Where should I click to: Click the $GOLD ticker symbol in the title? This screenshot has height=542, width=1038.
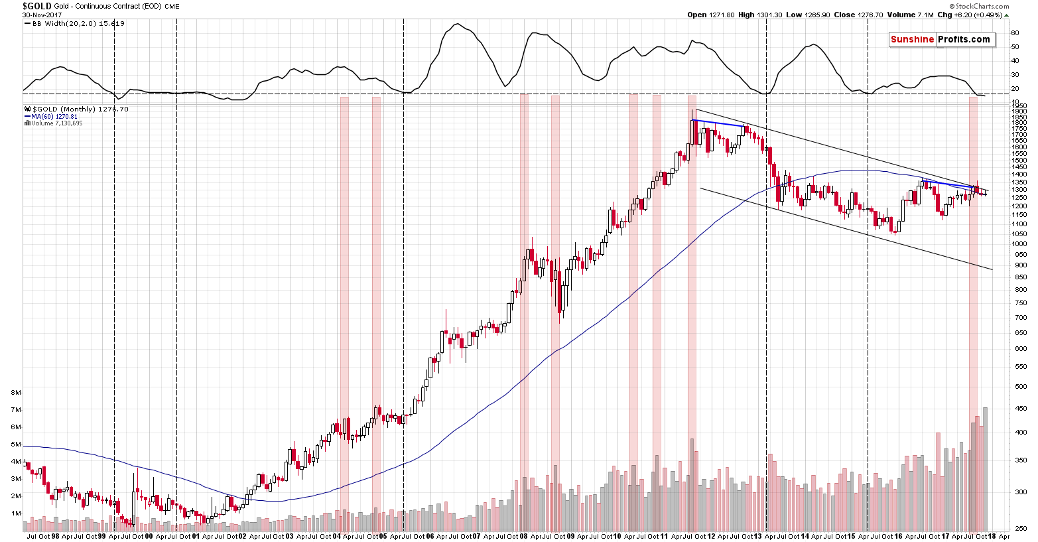click(x=37, y=6)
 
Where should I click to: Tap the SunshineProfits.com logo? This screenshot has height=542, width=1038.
click(x=940, y=39)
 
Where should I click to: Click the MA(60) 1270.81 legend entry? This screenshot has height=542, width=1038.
click(x=52, y=116)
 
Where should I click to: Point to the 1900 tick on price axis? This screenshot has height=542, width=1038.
click(x=1019, y=111)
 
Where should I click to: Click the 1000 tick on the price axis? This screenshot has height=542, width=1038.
click(x=1019, y=243)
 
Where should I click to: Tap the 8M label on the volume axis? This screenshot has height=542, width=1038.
click(x=16, y=392)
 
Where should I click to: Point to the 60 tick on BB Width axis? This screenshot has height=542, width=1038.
click(x=1015, y=33)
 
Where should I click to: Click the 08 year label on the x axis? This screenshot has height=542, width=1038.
click(x=523, y=536)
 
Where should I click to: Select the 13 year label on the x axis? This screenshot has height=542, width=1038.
click(x=758, y=536)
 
